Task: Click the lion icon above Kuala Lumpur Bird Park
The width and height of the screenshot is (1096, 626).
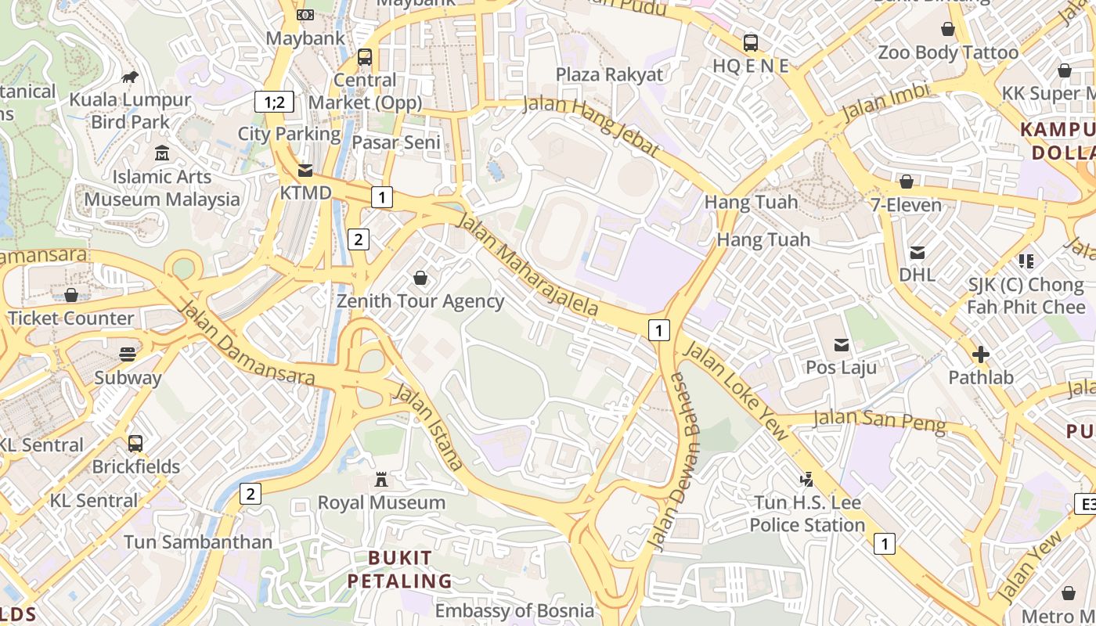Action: [130, 77]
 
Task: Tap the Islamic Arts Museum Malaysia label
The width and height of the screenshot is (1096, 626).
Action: [162, 189]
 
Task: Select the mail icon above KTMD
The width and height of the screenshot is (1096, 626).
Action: [305, 170]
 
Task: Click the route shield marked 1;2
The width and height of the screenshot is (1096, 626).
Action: [274, 101]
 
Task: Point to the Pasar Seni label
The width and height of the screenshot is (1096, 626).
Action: [395, 142]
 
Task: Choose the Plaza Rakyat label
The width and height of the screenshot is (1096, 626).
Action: [609, 75]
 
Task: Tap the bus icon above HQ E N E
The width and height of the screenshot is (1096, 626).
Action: [750, 43]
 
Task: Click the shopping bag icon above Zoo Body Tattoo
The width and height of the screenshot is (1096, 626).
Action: [948, 30]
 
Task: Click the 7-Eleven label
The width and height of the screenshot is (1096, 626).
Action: [906, 205]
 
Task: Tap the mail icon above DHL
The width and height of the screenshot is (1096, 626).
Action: [917, 252]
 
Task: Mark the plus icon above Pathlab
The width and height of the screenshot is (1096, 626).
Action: [980, 354]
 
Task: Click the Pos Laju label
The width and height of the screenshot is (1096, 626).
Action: [842, 367]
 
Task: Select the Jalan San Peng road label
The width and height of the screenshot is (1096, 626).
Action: [879, 420]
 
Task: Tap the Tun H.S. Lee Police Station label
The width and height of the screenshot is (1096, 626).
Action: [807, 514]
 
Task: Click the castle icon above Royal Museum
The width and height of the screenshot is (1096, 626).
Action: [381, 479]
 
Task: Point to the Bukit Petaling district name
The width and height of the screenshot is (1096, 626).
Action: [399, 569]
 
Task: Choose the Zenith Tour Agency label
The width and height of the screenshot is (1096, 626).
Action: [420, 301]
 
